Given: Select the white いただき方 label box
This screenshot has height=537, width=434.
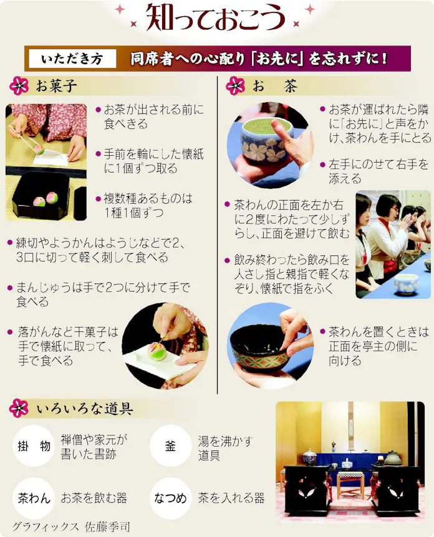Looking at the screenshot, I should tap(72, 59).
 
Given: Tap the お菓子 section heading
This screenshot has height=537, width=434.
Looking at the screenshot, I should tap(56, 86).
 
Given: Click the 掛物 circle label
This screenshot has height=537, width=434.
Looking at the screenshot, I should tap(33, 446).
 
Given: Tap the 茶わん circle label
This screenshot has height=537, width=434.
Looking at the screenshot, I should tap(33, 498).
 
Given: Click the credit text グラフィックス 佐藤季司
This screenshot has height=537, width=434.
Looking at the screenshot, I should tap(72, 525).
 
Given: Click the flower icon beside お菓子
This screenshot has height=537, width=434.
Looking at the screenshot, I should tap(19, 86).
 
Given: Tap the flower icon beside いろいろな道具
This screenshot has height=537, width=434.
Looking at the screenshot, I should tap(19, 409).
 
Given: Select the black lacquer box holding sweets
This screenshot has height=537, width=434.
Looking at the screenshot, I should tap(41, 196).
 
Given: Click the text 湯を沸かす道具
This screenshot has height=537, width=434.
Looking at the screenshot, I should tap(225, 448).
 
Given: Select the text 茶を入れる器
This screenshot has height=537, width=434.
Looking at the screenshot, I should tap(231, 498).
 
